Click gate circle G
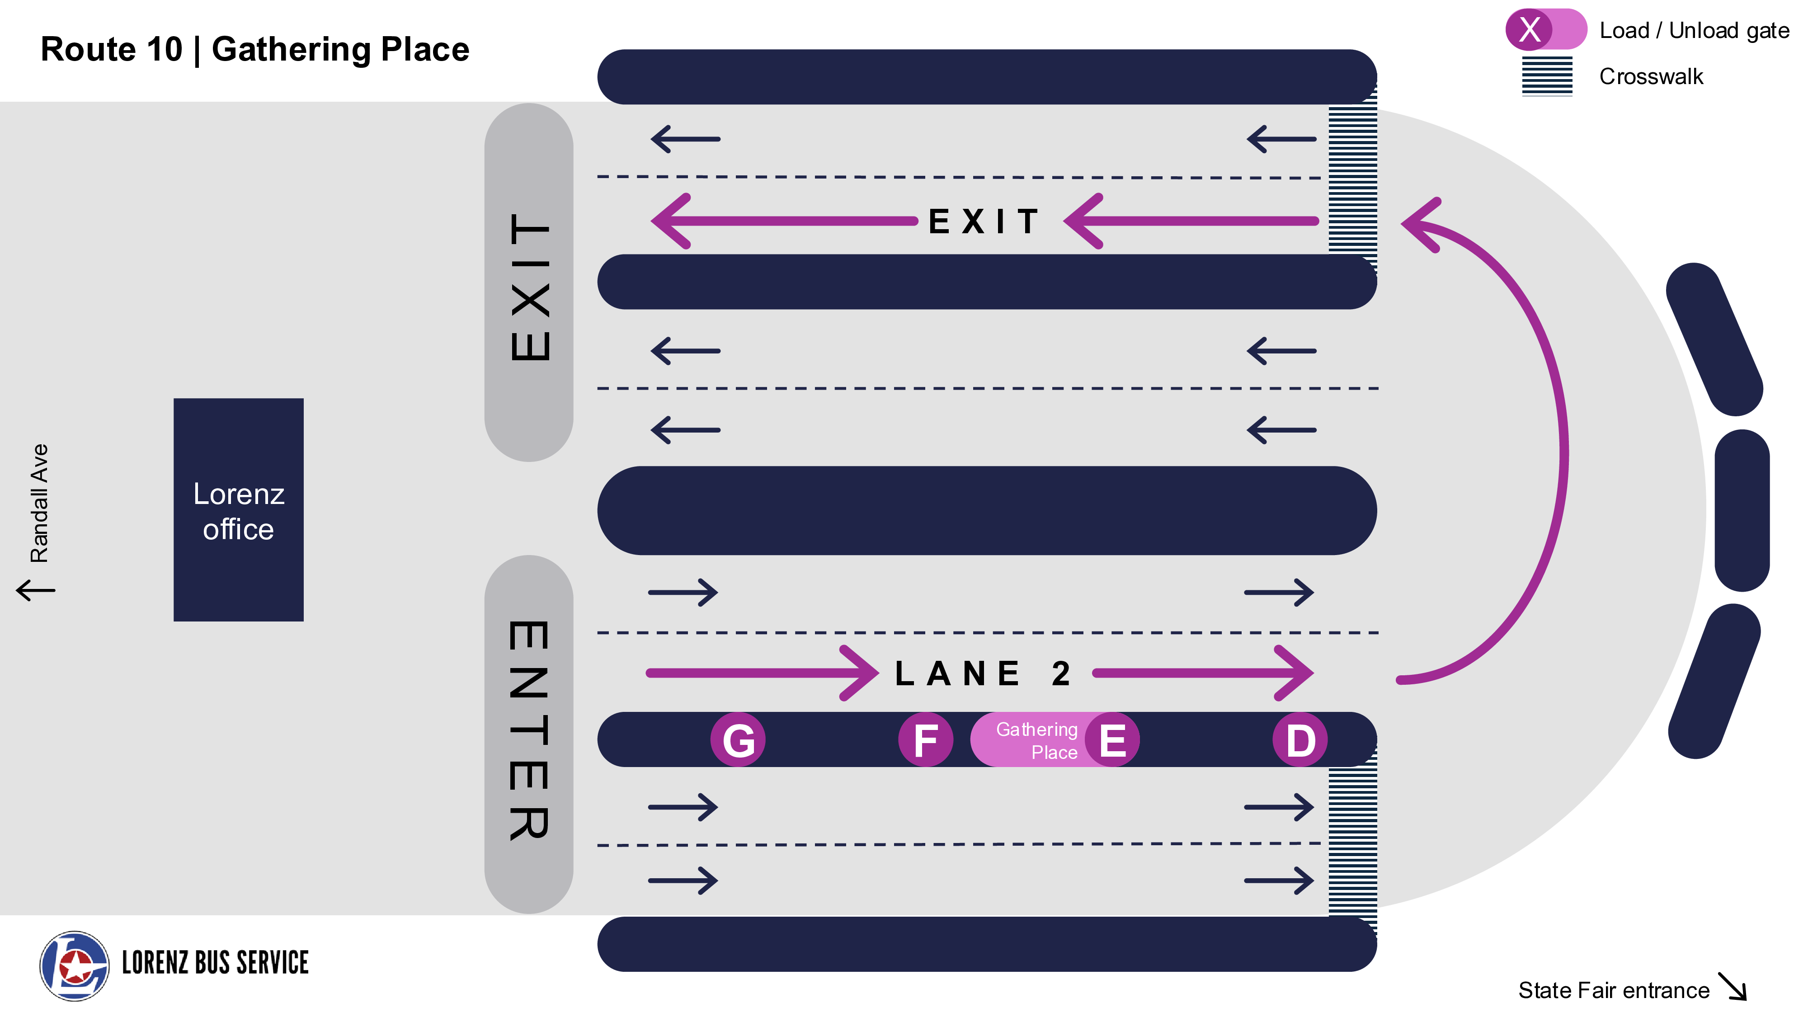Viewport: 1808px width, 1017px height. [x=738, y=740]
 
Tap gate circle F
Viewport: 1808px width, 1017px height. [x=926, y=740]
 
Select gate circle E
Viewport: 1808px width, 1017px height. [x=1112, y=740]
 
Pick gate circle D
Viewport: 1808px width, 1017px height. [x=1300, y=740]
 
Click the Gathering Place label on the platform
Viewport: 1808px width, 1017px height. [x=1036, y=740]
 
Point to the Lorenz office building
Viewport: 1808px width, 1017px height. [x=239, y=510]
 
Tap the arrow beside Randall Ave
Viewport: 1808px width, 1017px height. [x=36, y=589]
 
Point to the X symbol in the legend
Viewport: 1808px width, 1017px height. [x=1530, y=29]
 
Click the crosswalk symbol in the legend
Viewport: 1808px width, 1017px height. [x=1547, y=76]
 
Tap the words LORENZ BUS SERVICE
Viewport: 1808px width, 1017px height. [x=215, y=963]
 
